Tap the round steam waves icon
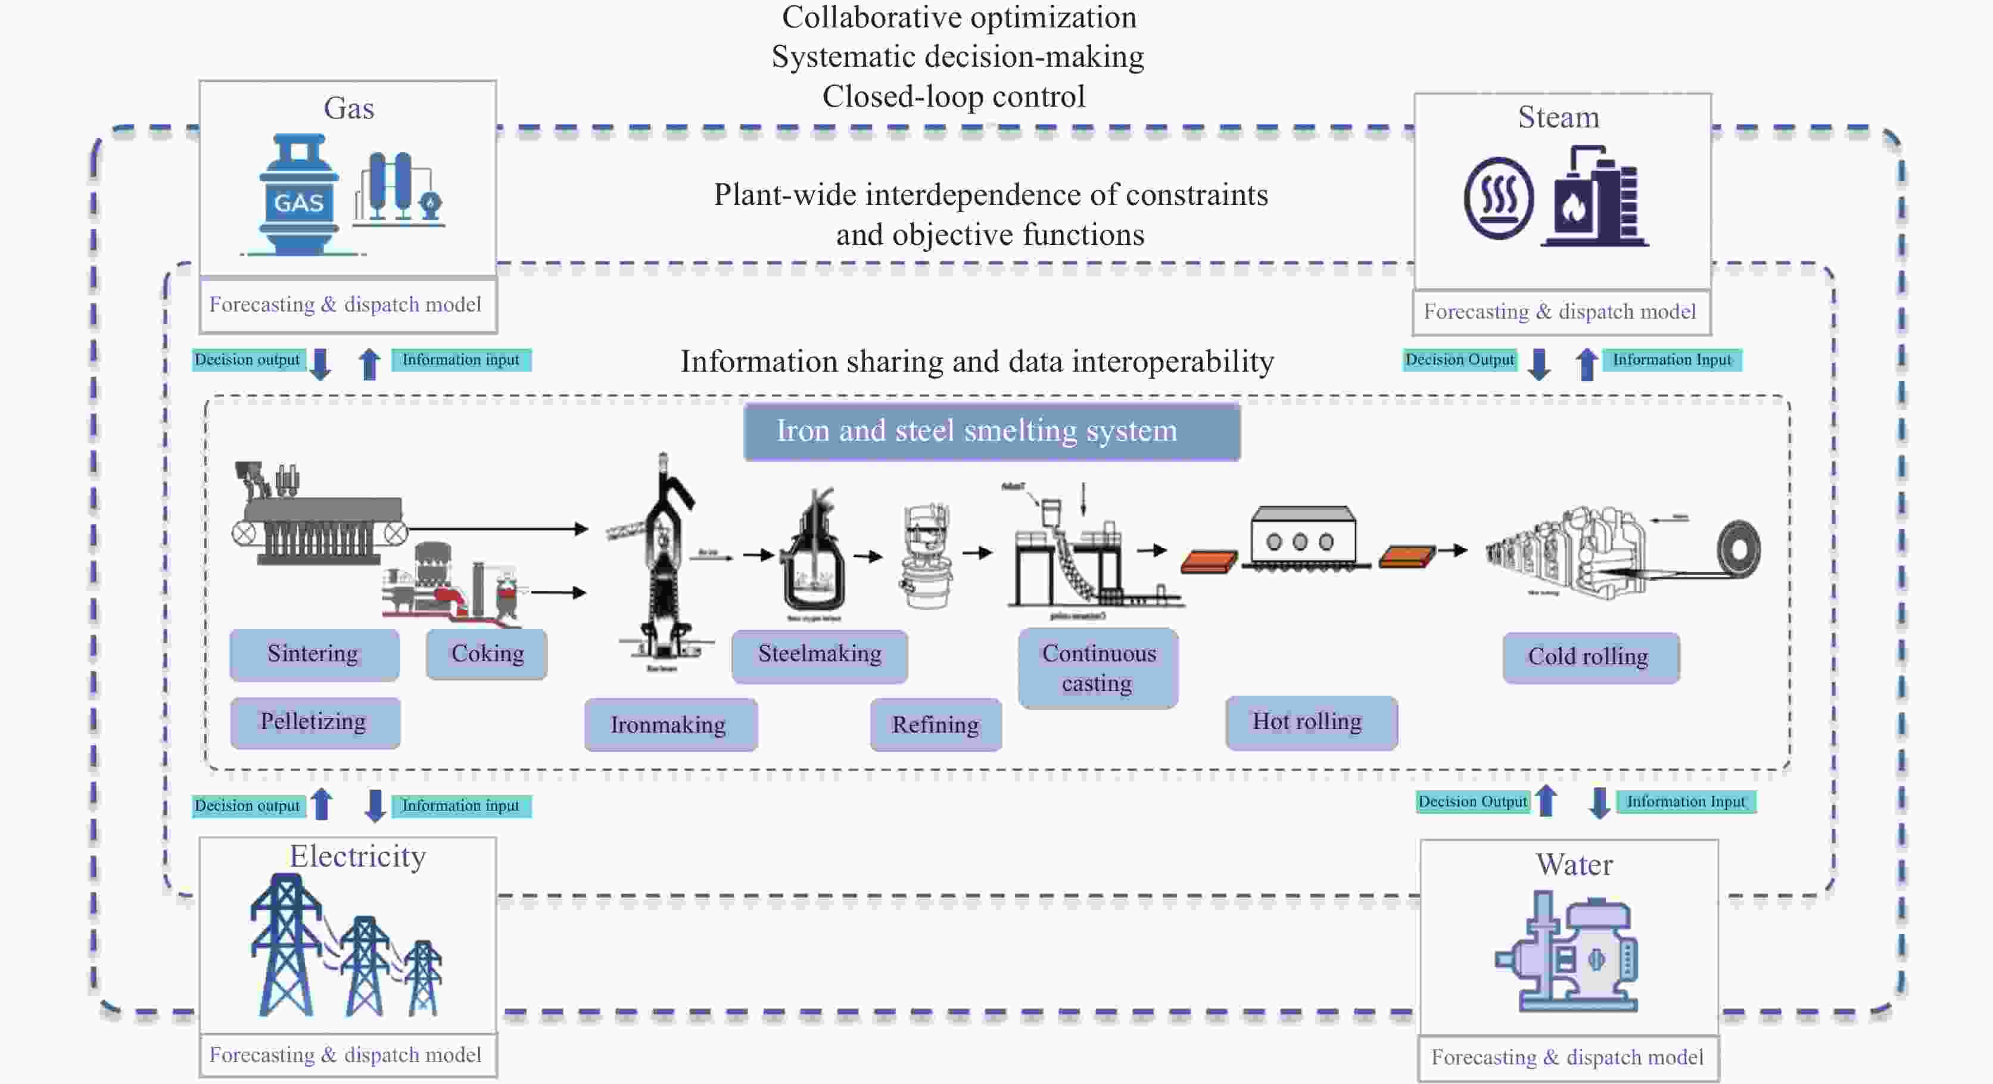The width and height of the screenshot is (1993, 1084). coord(1498,198)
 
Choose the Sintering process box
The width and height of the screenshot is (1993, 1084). coord(314,655)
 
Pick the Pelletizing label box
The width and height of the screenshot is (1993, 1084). coord(314,722)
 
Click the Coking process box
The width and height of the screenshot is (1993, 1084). coord(487,655)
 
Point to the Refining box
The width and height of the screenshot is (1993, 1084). coord(935,724)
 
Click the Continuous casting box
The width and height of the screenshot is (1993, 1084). coord(1098,668)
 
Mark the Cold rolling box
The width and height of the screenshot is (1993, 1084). coord(1590,657)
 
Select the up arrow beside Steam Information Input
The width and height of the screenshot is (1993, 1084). coord(1587,363)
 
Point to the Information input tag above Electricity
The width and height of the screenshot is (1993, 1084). coord(461,805)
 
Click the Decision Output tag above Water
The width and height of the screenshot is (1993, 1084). coord(1472,802)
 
